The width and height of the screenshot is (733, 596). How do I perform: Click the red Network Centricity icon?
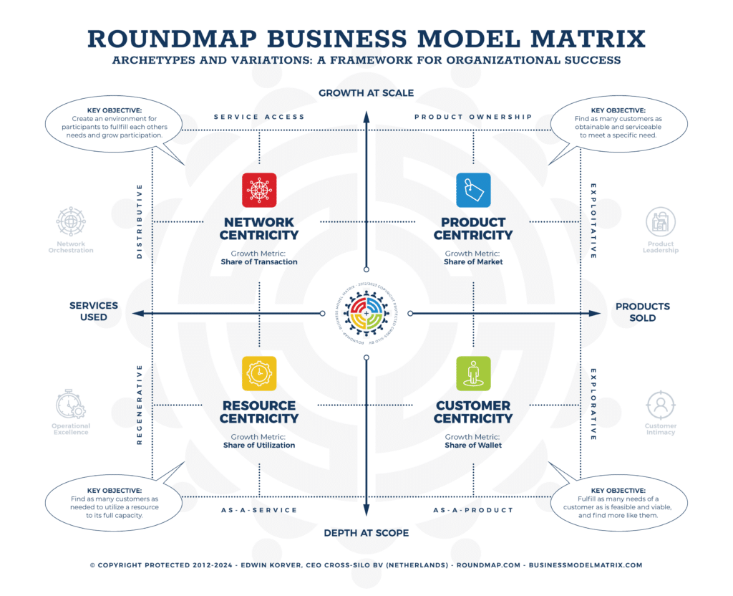[x=259, y=190]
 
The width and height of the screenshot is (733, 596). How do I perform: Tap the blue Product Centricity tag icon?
[x=473, y=190]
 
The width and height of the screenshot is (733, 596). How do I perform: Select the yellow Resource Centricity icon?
[x=259, y=373]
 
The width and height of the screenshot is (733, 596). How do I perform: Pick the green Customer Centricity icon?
[x=473, y=373]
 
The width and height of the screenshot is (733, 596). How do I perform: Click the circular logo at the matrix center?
[x=366, y=313]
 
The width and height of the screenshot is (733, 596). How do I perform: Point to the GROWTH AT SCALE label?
[x=366, y=93]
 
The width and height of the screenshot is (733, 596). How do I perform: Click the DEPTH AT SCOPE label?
[x=366, y=533]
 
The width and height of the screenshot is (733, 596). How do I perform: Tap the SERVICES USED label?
[x=94, y=311]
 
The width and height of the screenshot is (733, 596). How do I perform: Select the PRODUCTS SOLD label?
[x=643, y=312]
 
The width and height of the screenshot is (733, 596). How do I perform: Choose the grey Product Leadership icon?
[x=660, y=223]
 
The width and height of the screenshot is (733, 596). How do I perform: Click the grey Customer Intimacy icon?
[x=660, y=405]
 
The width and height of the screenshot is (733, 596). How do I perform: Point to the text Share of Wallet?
[x=473, y=446]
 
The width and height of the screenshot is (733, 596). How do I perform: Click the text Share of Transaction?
[x=259, y=262]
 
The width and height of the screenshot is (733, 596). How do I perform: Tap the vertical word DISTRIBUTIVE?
[x=140, y=221]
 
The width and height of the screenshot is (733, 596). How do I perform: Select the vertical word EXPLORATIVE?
[x=593, y=405]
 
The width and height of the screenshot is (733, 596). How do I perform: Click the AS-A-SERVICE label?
[x=259, y=510]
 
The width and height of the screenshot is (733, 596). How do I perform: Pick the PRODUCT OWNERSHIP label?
[x=473, y=117]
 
